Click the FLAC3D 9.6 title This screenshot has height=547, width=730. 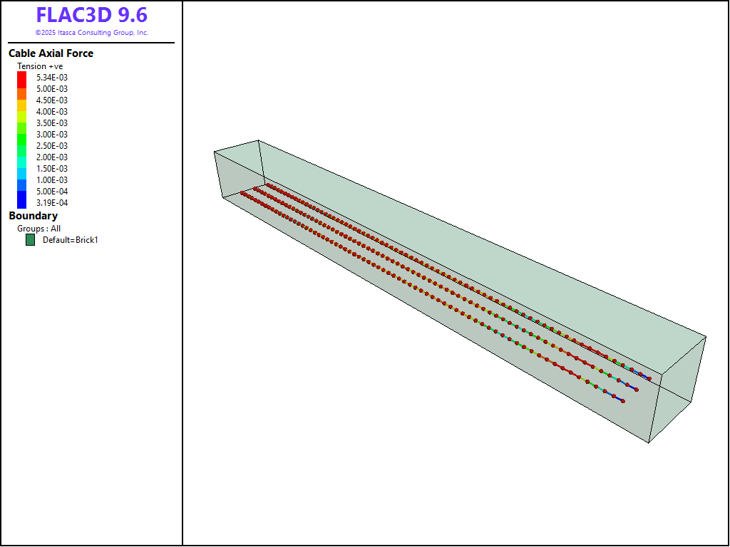pyautogui.click(x=92, y=15)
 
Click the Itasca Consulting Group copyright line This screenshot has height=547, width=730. pyautogui.click(x=92, y=33)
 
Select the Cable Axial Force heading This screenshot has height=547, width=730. pyautogui.click(x=51, y=53)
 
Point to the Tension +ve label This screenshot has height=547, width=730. pyautogui.click(x=40, y=66)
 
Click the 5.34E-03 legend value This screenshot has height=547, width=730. pyautogui.click(x=51, y=77)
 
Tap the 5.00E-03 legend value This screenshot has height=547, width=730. pyautogui.click(x=51, y=89)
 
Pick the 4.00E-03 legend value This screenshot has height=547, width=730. pyautogui.click(x=51, y=112)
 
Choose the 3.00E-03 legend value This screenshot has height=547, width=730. pyautogui.click(x=51, y=135)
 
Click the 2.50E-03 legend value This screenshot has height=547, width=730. pyautogui.click(x=51, y=145)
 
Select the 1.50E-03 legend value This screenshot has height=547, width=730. pyautogui.click(x=51, y=168)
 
